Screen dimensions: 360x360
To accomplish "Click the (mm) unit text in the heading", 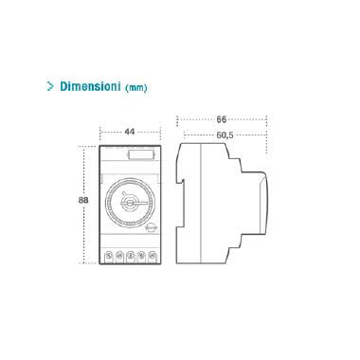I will [135, 87].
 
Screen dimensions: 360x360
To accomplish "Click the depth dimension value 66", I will [222, 119].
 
